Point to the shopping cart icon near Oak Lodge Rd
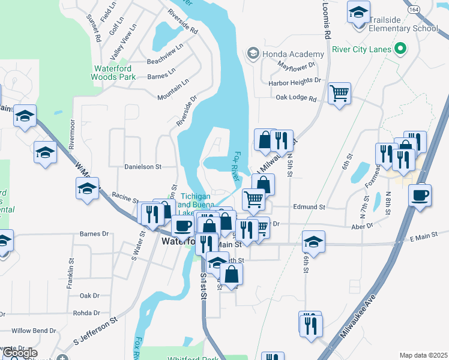[x=339, y=94]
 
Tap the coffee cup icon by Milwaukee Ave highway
[x=419, y=196]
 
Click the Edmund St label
[x=309, y=207]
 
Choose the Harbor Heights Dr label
[x=295, y=80]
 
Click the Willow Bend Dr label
[x=34, y=331]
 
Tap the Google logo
[x=19, y=353]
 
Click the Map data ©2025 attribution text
[x=423, y=355]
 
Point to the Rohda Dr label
[x=86, y=313]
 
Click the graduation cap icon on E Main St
[x=313, y=241]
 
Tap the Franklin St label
[x=70, y=274]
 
